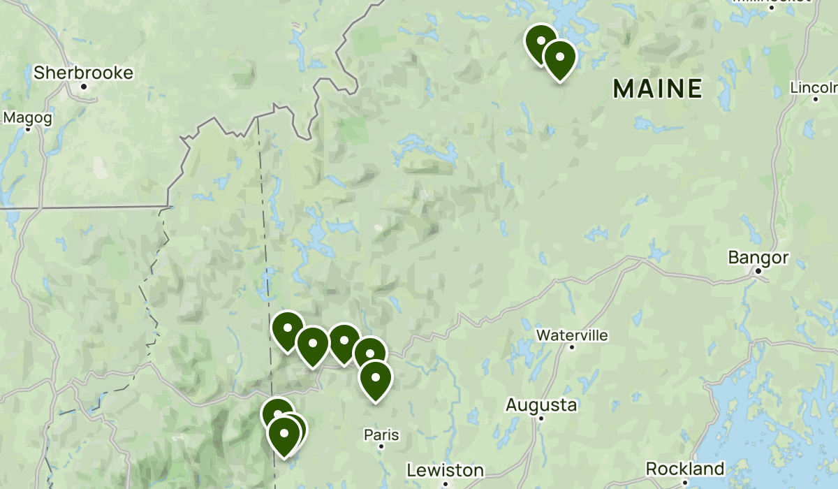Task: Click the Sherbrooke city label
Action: tap(83, 73)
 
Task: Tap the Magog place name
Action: tap(28, 118)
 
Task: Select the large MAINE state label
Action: tap(657, 88)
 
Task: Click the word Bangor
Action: tap(758, 257)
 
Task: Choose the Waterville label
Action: tap(572, 335)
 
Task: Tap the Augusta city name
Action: tap(541, 404)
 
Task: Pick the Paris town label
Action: tap(381, 435)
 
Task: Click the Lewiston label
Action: tap(445, 469)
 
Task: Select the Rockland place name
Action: tap(685, 468)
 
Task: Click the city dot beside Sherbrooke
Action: tap(84, 87)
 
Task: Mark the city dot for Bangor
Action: tap(757, 270)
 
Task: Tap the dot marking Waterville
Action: tap(572, 346)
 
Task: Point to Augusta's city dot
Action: tap(541, 418)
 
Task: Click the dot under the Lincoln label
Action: tap(815, 98)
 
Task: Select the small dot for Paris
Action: tap(381, 446)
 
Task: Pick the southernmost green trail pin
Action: tap(284, 434)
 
